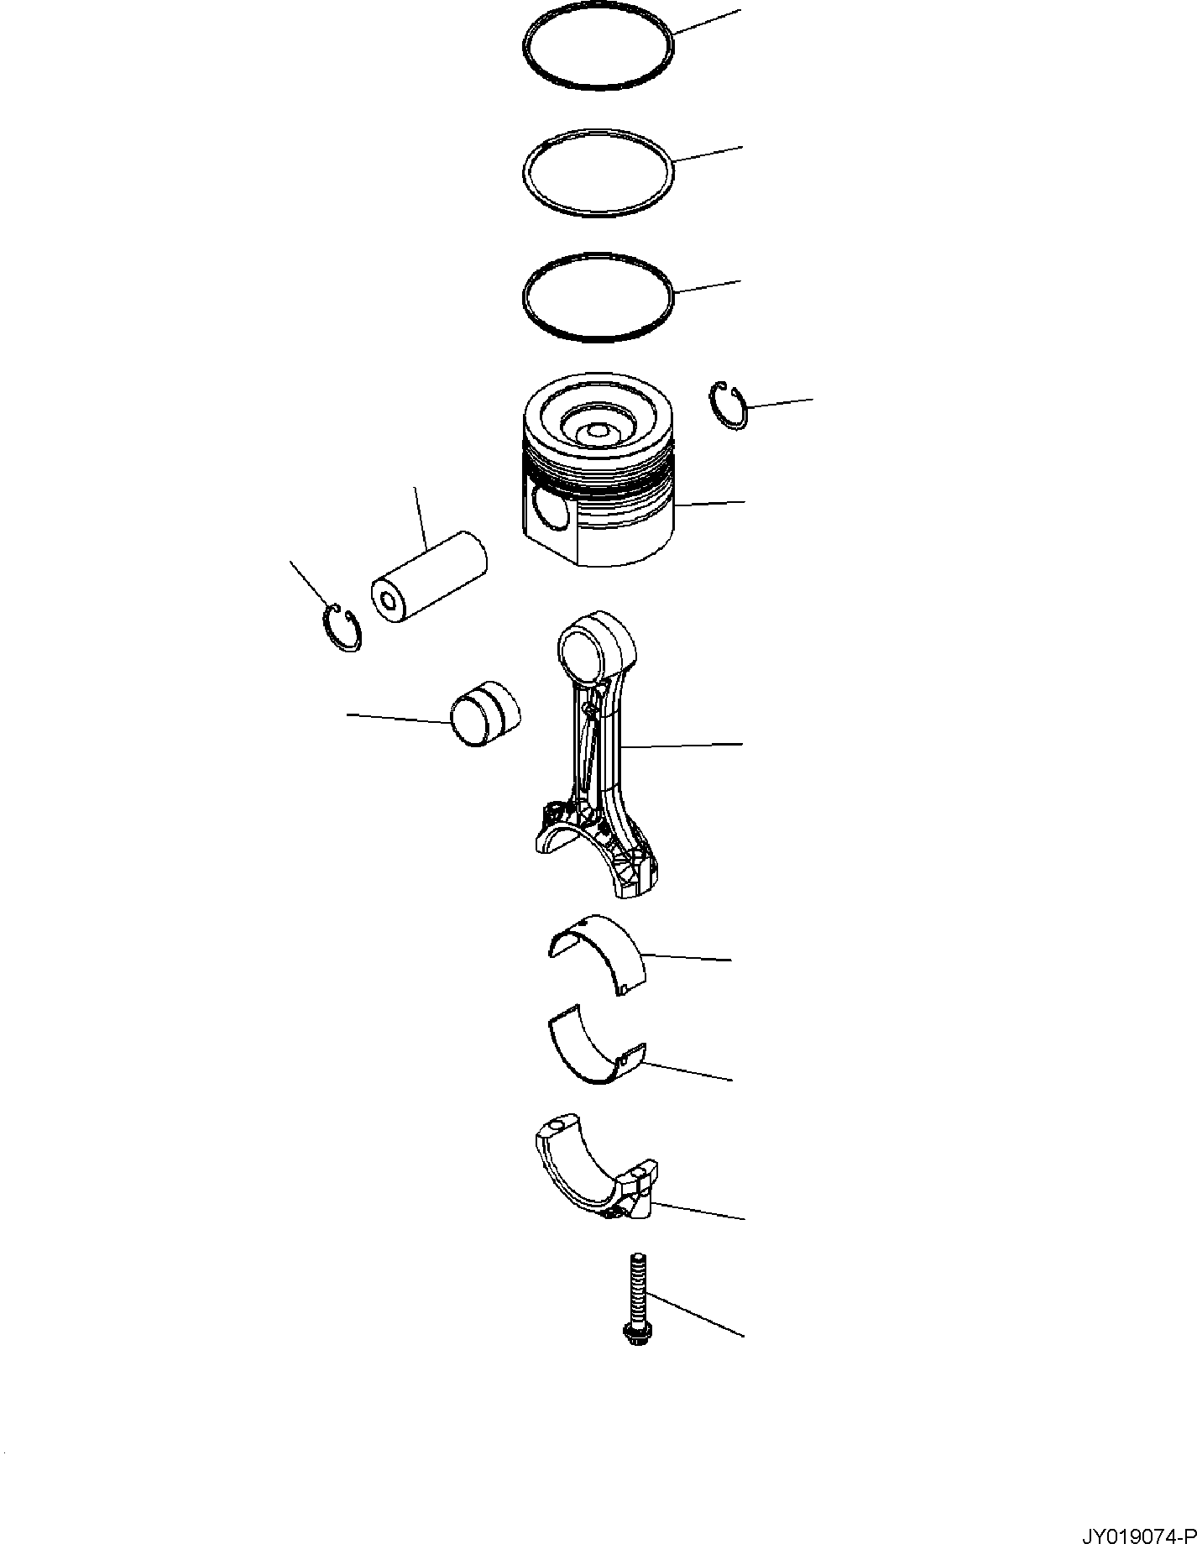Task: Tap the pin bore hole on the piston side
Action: (550, 507)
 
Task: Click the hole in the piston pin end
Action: (389, 599)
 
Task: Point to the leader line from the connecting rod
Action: (684, 745)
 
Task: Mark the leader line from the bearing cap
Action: (701, 1211)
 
